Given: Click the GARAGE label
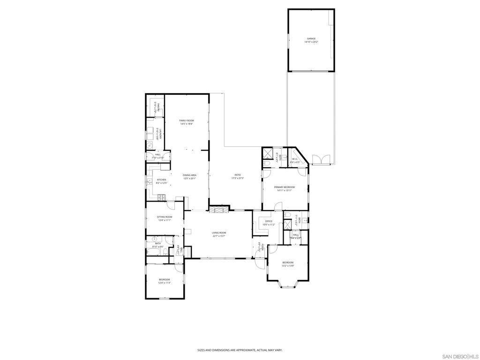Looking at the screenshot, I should pos(311,38).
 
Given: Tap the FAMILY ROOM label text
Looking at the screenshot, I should pos(187,120).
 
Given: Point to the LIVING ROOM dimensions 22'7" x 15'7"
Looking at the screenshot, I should pos(219,236).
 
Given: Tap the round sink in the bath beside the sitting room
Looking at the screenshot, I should pos(154,239).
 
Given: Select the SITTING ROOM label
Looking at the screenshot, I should pos(165,217).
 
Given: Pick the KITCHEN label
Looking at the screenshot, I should pos(162,180).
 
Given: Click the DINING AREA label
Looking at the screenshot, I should pos(189,175).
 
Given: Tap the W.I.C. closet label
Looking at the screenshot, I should pos(295,159).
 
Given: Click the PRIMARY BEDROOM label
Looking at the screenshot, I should pos(285,187).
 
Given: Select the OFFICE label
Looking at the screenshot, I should pos(269,221).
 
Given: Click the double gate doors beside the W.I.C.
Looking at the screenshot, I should pos(322,160).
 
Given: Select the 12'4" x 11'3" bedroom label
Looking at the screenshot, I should pos(164,279).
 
